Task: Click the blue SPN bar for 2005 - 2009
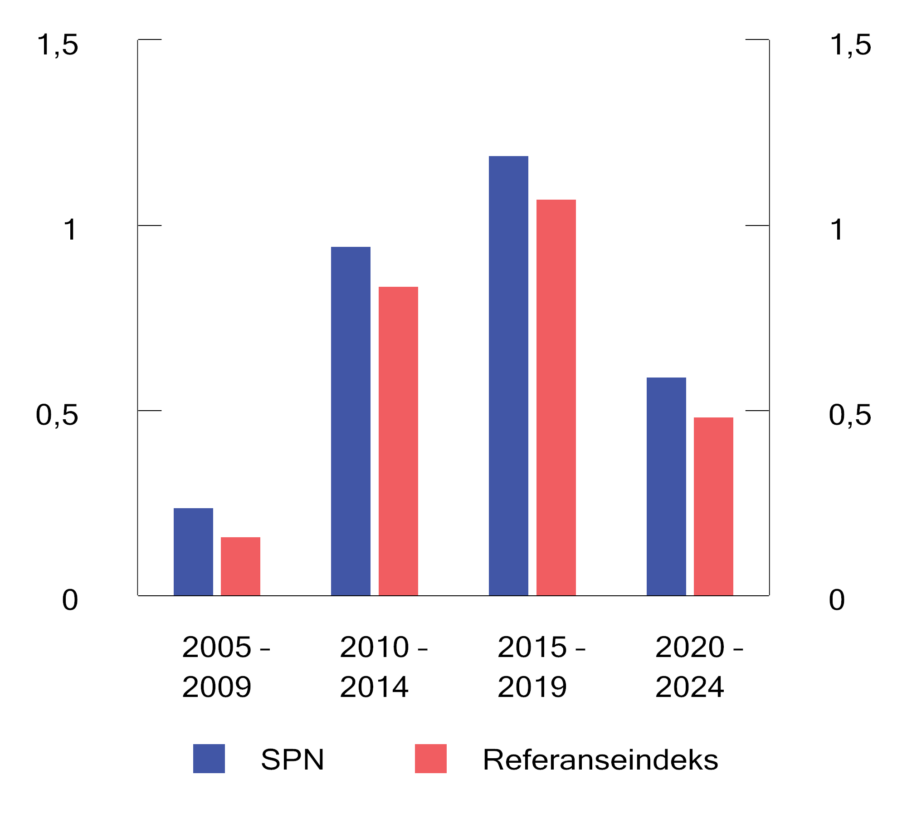coord(193,551)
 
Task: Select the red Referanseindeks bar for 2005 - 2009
coord(240,566)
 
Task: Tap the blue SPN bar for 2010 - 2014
coord(351,421)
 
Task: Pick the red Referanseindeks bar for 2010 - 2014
coord(398,441)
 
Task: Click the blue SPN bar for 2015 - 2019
coord(508,375)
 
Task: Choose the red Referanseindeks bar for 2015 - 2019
coord(556,397)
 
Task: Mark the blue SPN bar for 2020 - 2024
coord(666,486)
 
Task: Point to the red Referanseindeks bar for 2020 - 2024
coord(713,506)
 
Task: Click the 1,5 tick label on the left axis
coord(57,45)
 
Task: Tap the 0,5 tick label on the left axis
coord(57,416)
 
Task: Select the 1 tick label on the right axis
coord(837,230)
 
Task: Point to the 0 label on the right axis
coord(837,600)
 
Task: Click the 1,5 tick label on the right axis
coord(850,45)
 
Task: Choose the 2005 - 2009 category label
coord(226,667)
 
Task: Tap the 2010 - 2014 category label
coord(384,667)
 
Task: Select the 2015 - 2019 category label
coord(541,667)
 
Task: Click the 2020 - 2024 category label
coord(699,667)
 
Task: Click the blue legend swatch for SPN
coord(209,759)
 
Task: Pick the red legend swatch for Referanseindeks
coord(431,759)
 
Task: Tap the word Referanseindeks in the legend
coord(600,760)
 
